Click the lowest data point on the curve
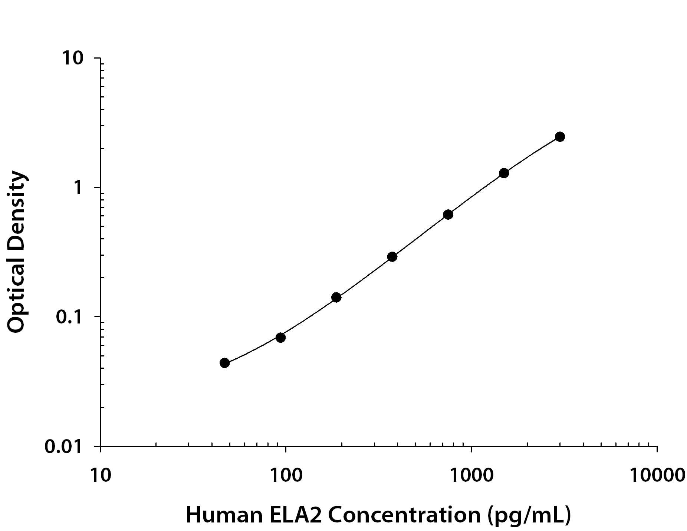(x=224, y=363)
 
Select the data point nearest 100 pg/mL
(x=280, y=337)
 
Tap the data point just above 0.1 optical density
(x=336, y=297)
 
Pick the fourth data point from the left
(x=392, y=256)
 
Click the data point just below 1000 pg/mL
(x=448, y=215)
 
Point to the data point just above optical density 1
(x=504, y=173)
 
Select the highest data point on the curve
(x=560, y=137)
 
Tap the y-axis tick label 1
(x=78, y=188)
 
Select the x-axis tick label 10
(x=100, y=475)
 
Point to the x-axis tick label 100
(x=286, y=475)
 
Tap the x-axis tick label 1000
(x=471, y=475)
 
